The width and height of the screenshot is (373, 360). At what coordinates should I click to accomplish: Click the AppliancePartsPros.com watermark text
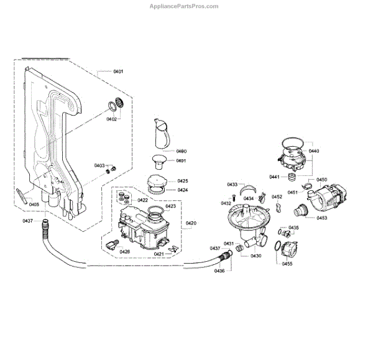(184, 6)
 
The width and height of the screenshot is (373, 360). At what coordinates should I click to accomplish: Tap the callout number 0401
(119, 72)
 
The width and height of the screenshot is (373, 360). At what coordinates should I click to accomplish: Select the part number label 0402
(111, 119)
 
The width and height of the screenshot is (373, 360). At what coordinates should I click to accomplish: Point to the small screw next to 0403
(113, 168)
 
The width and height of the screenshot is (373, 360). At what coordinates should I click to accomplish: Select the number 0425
(183, 182)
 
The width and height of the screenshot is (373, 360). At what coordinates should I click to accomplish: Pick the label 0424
(183, 190)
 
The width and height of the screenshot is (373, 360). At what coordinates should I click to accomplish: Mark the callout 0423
(171, 206)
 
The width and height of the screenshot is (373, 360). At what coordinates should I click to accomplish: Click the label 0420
(191, 223)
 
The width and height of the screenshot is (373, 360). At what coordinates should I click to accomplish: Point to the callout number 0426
(125, 251)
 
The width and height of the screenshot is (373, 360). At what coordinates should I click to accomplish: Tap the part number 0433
(232, 184)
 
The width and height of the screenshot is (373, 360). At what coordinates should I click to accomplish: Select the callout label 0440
(313, 151)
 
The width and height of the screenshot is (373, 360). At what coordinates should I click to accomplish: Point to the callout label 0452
(277, 196)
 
